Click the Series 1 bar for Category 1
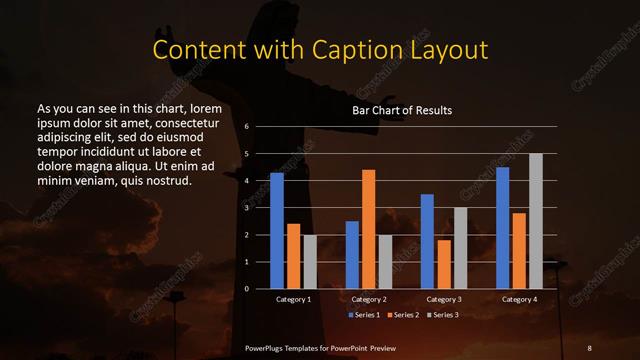277,231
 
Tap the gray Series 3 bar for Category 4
536,221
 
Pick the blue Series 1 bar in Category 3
427,241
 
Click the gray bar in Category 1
310,262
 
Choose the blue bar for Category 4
502,228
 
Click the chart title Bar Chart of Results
402,110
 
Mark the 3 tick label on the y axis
246,208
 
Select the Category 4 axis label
519,299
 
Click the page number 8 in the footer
589,346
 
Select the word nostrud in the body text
166,181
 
